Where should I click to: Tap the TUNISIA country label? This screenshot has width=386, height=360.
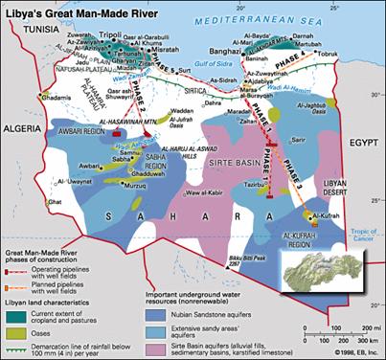23,28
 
